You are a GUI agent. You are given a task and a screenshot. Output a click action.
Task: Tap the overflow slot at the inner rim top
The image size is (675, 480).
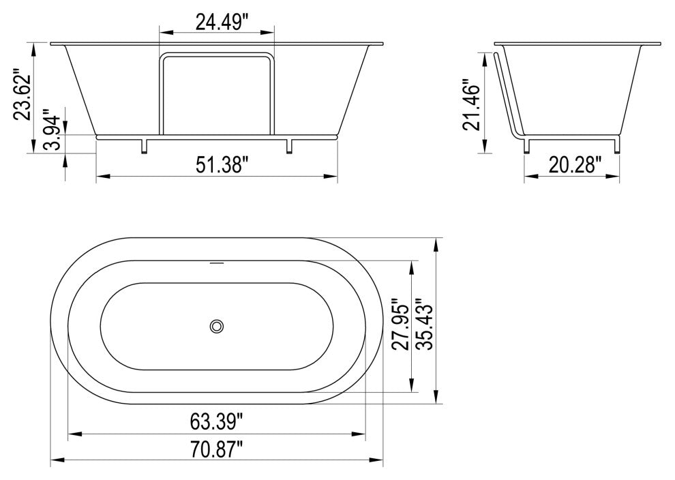coord(217,261)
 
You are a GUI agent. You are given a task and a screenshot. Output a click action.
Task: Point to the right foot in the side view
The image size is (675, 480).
coord(618,146)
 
